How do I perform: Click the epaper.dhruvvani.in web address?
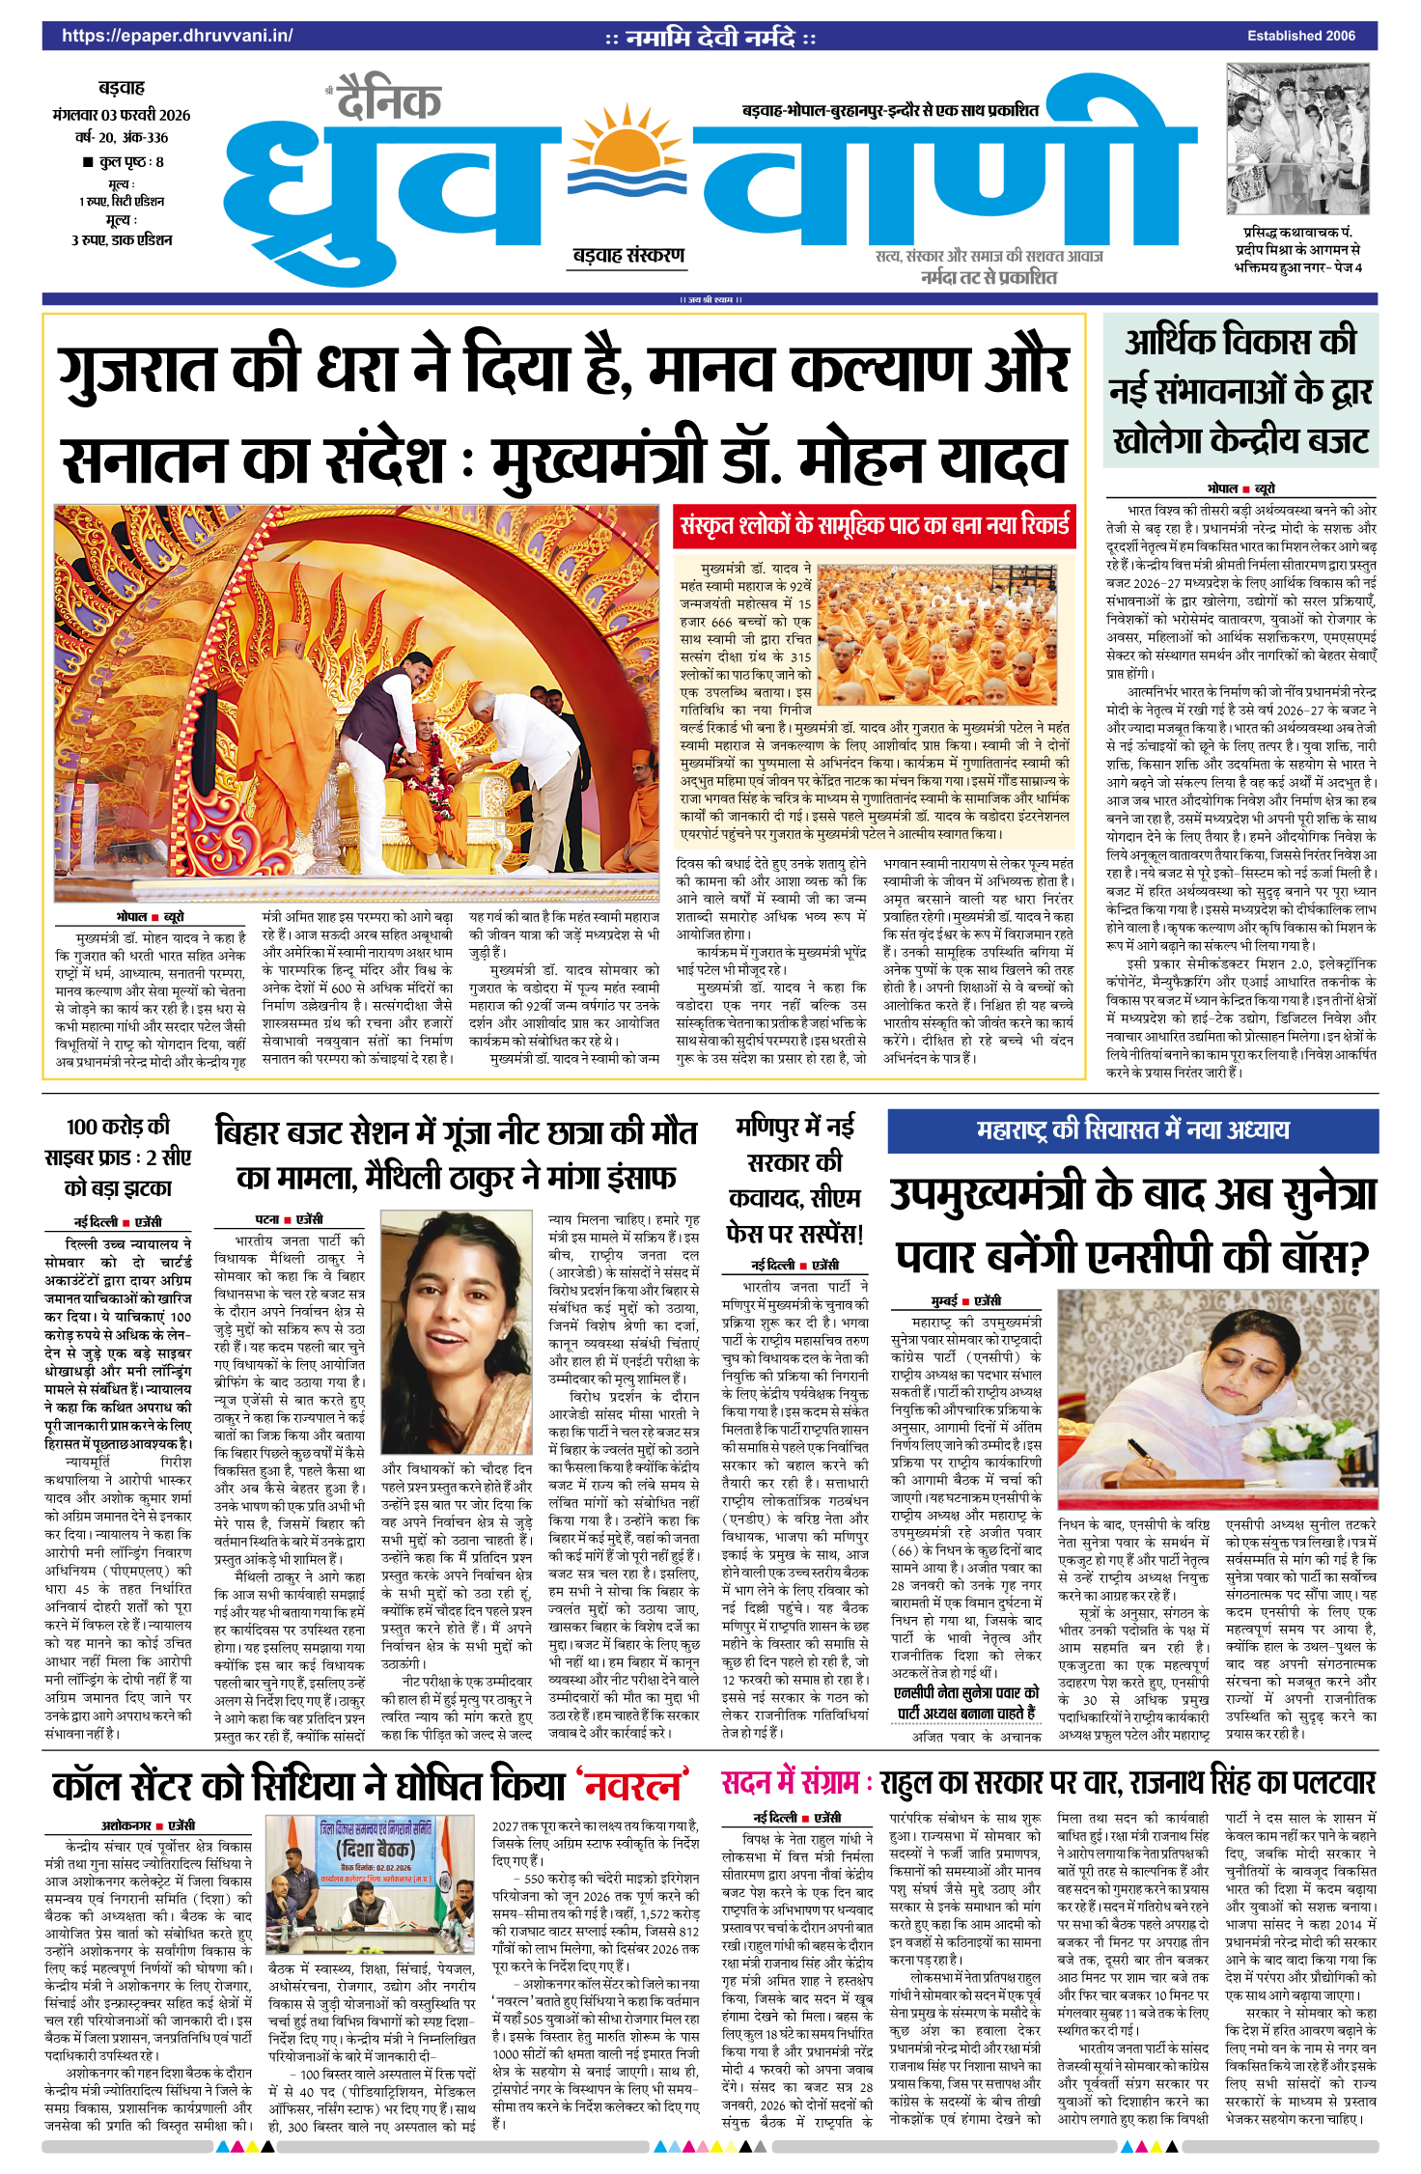click(x=177, y=36)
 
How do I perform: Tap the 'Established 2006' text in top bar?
click(x=1300, y=36)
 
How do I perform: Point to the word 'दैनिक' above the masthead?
click(x=389, y=101)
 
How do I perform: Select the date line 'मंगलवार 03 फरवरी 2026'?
click(x=122, y=115)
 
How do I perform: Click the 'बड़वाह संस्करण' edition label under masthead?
click(x=628, y=256)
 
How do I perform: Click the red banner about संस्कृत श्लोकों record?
click(x=875, y=525)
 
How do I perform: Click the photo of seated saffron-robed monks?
click(x=936, y=634)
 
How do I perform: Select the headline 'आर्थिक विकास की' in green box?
click(x=1240, y=343)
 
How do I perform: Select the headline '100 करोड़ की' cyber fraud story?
click(x=118, y=1127)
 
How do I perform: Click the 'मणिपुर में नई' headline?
click(x=794, y=1127)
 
